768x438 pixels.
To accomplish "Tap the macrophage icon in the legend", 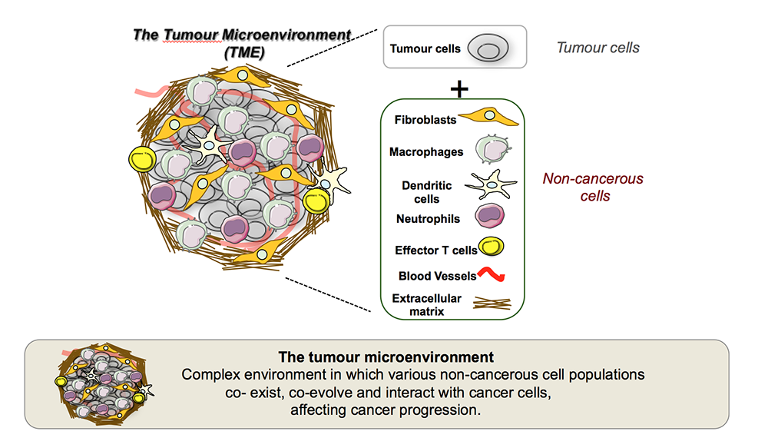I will tap(492, 150).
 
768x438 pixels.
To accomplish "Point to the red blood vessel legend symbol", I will tap(492, 274).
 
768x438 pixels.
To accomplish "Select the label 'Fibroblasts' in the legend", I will tap(425, 120).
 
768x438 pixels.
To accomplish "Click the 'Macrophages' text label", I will tap(426, 152).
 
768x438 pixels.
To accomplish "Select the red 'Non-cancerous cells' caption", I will tap(593, 187).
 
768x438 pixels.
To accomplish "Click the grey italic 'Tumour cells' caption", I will tap(598, 48).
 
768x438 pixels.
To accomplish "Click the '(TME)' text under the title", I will tap(244, 54).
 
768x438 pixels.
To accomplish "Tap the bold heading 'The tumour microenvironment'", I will tap(386, 357).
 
